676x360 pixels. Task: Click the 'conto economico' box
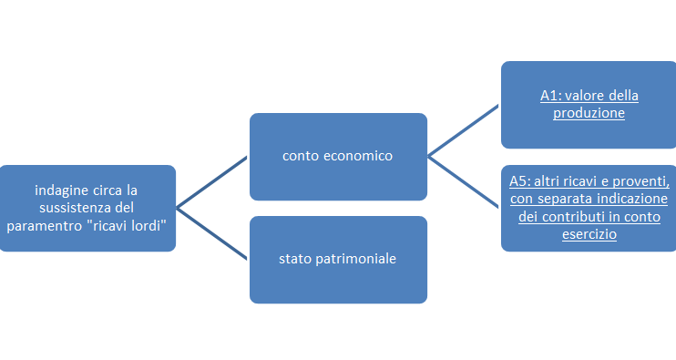(x=338, y=157)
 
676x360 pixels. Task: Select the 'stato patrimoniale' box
(x=338, y=260)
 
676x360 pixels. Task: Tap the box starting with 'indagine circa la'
(x=87, y=208)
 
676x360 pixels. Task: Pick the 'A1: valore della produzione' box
(x=589, y=105)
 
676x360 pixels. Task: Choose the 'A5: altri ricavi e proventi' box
(x=589, y=208)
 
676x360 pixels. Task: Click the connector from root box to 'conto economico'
(x=211, y=182)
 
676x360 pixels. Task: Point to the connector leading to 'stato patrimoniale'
(x=211, y=234)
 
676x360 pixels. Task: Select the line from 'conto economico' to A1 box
(x=464, y=130)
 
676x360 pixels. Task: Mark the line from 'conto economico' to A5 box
(x=464, y=182)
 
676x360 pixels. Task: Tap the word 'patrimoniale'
(x=355, y=259)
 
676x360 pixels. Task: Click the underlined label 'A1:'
(x=550, y=96)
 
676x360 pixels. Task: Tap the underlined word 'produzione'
(x=589, y=113)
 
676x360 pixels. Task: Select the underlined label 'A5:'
(x=519, y=181)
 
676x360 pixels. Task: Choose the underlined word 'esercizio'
(x=589, y=234)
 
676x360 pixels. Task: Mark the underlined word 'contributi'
(x=568, y=216)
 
